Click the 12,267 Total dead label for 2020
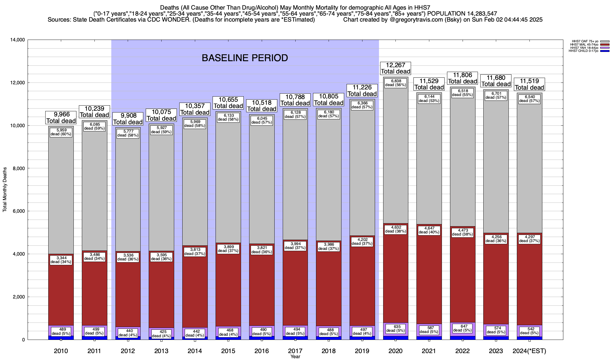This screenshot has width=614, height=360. tap(395, 68)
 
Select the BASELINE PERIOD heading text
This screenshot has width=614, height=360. tap(245, 58)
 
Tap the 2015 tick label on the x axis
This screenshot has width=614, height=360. tap(228, 351)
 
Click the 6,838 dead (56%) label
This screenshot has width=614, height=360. tap(395, 83)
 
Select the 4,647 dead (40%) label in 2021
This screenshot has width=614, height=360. tap(429, 230)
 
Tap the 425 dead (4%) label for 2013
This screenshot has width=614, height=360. tap(161, 334)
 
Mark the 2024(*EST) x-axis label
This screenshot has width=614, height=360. tap(529, 351)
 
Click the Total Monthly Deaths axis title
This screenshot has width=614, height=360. tap(5, 190)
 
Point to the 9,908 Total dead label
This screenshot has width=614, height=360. tap(128, 119)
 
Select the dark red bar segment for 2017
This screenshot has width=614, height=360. tap(295, 285)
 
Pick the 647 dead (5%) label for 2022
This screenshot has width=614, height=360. tap(463, 328)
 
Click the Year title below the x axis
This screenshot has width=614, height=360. tap(295, 356)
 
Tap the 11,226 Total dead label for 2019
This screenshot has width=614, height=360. tap(362, 90)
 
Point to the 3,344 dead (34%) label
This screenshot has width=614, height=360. tap(61, 259)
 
